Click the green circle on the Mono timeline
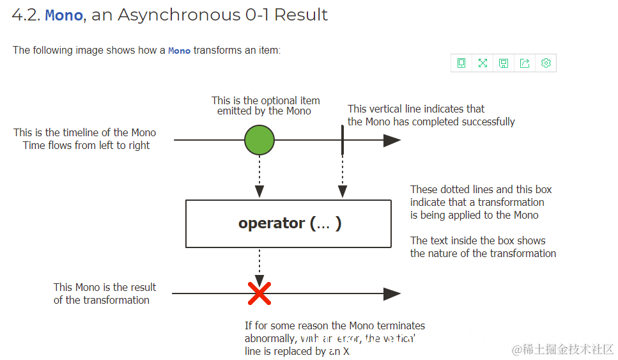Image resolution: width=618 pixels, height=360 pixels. coord(259,140)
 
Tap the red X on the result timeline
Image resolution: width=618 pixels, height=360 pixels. coord(259,294)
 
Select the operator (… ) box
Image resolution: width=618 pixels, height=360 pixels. coord(288,224)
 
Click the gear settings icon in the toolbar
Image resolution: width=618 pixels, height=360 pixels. coord(546,63)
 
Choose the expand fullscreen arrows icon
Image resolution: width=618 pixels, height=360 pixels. coord(483,63)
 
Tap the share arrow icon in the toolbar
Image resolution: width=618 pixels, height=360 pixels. coord(525,63)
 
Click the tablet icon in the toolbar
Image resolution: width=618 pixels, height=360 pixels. coord(461,63)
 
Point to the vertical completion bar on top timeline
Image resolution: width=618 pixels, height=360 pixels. coord(343,140)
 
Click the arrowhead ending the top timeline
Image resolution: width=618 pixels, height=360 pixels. coord(392,140)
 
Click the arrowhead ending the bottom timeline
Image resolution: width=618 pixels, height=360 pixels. coord(392,294)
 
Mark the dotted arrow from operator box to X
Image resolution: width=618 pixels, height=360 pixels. coord(259,265)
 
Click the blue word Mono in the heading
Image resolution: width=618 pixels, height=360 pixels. coord(64,15)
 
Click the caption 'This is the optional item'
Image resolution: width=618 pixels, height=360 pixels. coord(266,100)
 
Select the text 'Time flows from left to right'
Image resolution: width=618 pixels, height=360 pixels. coord(86,145)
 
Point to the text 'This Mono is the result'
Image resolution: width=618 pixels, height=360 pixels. coord(105,287)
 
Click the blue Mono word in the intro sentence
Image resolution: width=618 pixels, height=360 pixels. coord(179,51)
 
